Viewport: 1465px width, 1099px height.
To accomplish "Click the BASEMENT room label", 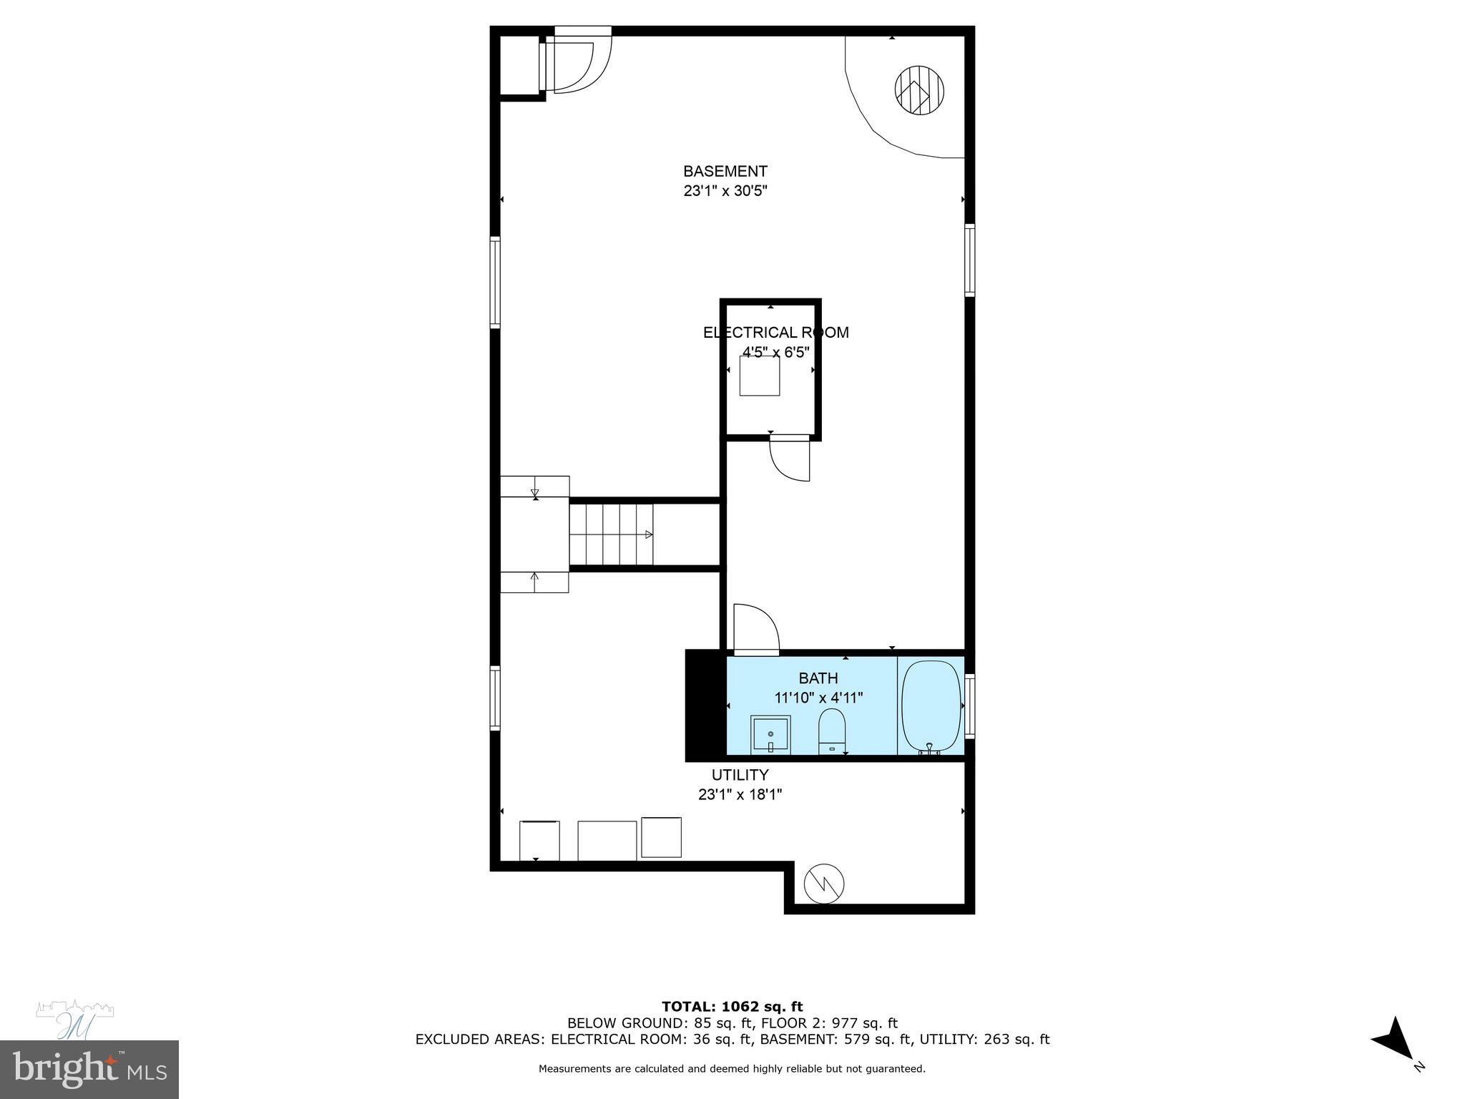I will tap(725, 172).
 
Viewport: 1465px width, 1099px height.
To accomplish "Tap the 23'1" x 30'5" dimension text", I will tap(725, 191).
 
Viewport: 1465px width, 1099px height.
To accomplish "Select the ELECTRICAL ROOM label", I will tap(775, 333).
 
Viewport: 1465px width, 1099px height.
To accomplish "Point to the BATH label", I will tap(818, 678).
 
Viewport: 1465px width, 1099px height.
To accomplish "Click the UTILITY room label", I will tap(740, 775).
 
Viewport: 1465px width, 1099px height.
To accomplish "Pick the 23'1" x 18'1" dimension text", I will tap(740, 794).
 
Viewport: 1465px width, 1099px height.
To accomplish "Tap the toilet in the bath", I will tap(832, 731).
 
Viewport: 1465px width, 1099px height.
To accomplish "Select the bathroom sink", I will tap(770, 734).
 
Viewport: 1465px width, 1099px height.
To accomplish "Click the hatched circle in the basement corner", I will tap(919, 89).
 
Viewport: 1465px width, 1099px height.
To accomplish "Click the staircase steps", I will tap(611, 534).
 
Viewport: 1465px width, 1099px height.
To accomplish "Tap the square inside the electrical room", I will tap(759, 376).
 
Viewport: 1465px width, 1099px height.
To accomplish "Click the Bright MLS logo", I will tap(89, 1069).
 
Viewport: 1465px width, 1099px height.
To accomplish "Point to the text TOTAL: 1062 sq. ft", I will tap(732, 1007).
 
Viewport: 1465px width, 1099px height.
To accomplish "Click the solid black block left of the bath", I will tap(705, 705).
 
